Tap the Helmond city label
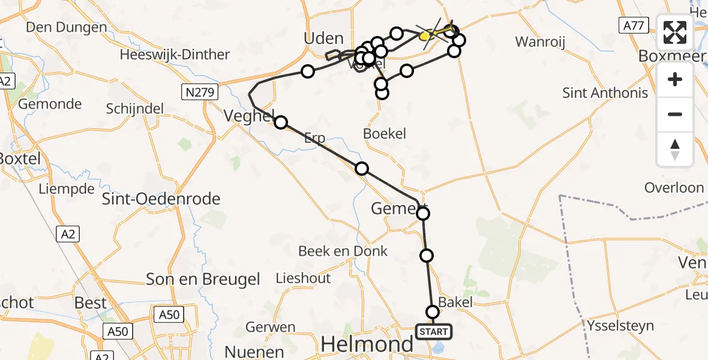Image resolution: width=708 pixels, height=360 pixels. [x=367, y=344]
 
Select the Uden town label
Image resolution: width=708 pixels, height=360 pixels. [x=324, y=38]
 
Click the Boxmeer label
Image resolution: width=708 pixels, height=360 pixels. [x=673, y=55]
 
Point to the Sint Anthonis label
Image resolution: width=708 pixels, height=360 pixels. [x=605, y=93]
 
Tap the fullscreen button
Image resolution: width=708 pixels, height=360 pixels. [x=675, y=32]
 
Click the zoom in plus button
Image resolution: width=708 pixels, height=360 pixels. [x=675, y=79]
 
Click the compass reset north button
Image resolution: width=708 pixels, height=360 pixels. [x=675, y=149]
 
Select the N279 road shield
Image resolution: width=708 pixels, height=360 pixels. [x=200, y=92]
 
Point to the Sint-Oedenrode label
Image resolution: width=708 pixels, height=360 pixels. [x=161, y=199]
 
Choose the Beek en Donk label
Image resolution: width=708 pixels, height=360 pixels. [x=343, y=251]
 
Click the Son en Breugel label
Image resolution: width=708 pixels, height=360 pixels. [x=203, y=279]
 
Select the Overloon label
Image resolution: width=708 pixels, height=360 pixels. [x=674, y=187]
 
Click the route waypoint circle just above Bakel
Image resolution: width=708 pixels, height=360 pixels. [x=433, y=312]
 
